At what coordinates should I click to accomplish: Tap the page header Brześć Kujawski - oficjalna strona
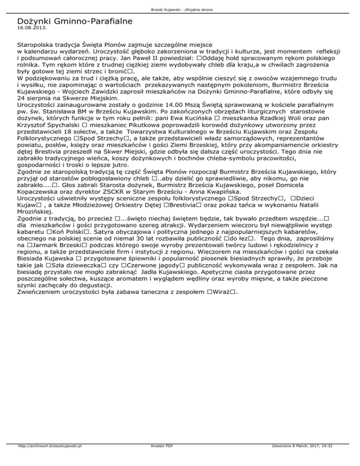(x=180, y=9)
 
